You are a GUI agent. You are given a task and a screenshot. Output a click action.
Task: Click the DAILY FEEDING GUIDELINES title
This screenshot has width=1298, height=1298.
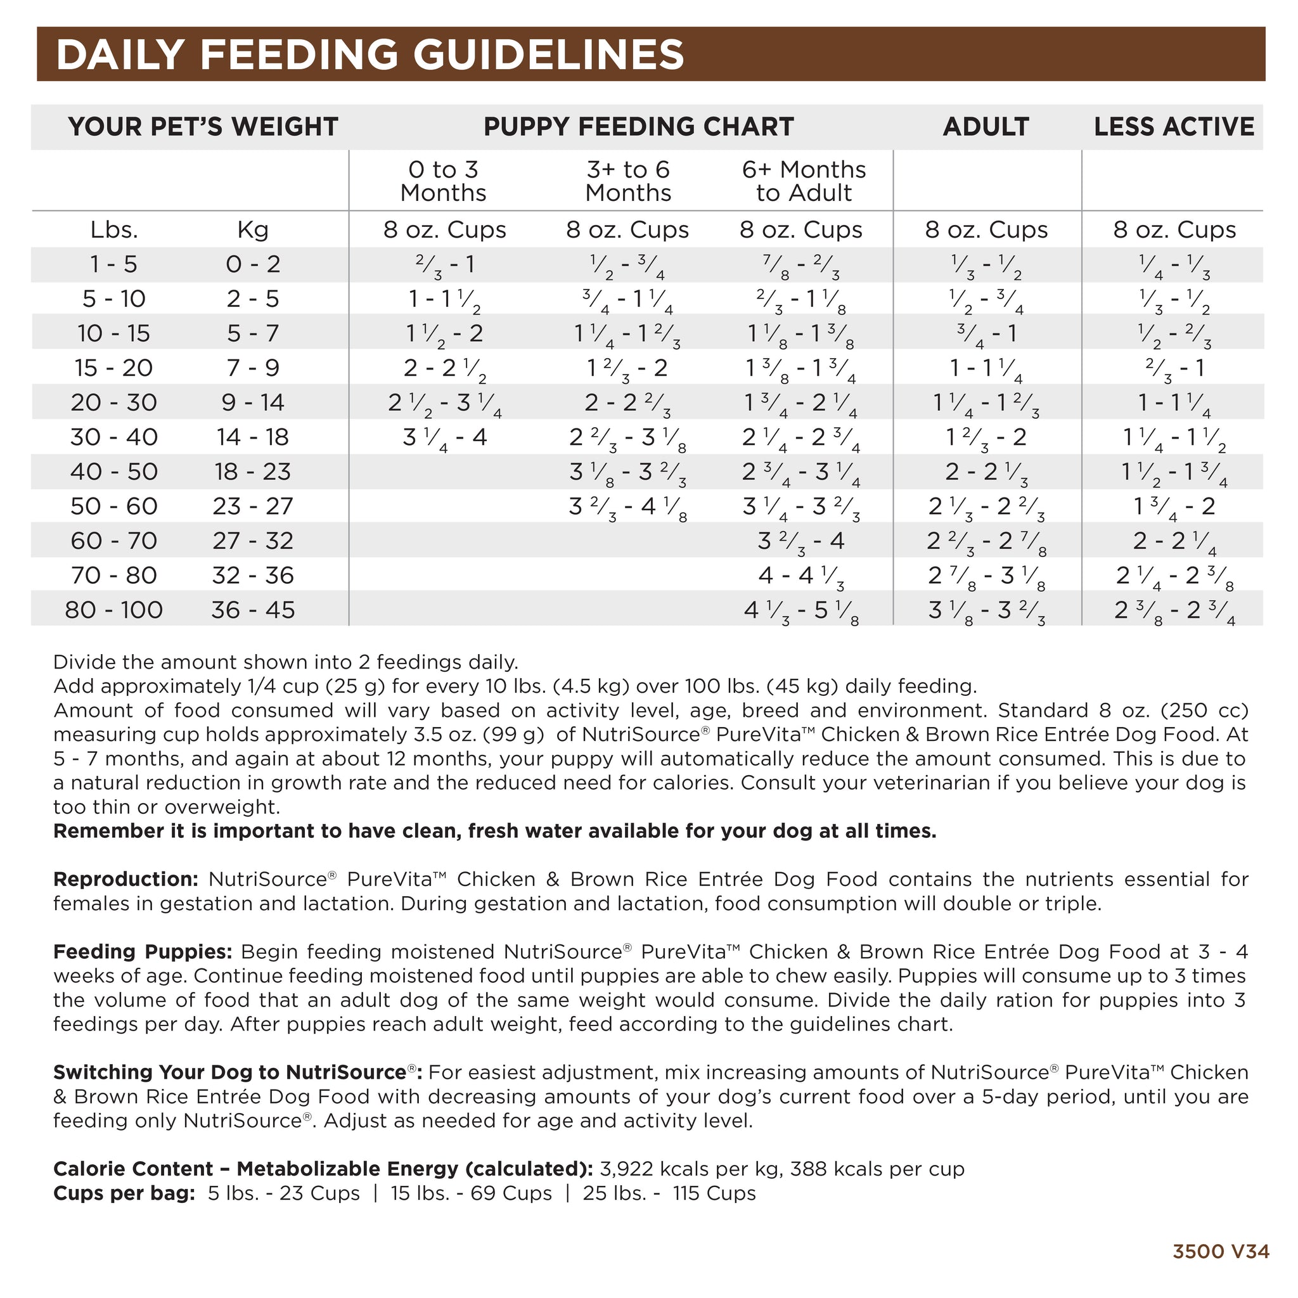click(x=370, y=55)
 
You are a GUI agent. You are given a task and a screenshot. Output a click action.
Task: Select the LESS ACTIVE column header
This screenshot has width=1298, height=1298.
click(x=1173, y=127)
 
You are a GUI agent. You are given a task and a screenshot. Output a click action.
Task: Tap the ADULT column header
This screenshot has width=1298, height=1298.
click(x=985, y=127)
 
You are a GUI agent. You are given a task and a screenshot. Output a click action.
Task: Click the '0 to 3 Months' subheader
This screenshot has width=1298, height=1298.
click(x=443, y=181)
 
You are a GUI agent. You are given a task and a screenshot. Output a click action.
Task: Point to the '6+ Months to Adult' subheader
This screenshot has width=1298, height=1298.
click(x=804, y=181)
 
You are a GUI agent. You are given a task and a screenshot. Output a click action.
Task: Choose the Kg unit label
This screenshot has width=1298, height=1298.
click(x=253, y=230)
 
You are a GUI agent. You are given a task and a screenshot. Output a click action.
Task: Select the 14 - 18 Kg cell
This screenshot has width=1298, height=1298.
click(x=253, y=437)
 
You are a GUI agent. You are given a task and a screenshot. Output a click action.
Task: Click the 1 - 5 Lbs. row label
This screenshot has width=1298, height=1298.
click(x=113, y=264)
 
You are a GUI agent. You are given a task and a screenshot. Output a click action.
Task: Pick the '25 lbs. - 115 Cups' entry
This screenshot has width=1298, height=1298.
click(x=669, y=1193)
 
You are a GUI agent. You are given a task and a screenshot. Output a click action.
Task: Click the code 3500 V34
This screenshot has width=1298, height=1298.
click(x=1221, y=1251)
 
